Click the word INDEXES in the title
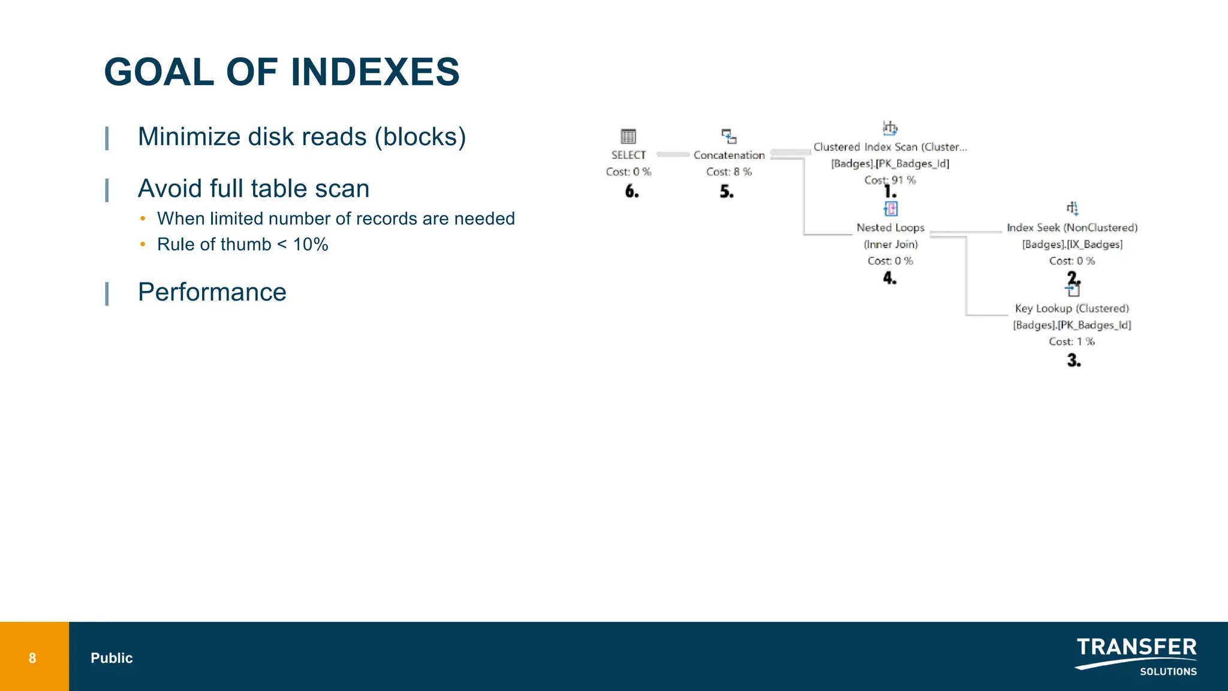point(375,72)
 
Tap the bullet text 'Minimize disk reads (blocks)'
point(302,137)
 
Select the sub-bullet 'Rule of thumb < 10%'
point(242,245)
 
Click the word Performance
point(212,292)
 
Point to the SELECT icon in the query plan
point(628,136)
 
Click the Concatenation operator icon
point(729,136)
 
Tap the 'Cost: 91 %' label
point(890,180)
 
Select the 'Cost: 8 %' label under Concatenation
point(729,172)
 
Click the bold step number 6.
point(631,191)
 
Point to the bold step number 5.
point(726,192)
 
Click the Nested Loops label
point(890,228)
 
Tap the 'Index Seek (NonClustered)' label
point(1072,228)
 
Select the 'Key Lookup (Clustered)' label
point(1072,308)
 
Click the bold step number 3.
point(1073,360)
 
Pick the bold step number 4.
point(889,278)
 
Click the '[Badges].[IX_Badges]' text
point(1072,244)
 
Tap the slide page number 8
point(32,658)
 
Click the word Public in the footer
point(112,658)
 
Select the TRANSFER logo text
point(1136,647)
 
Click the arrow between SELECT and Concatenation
point(673,155)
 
